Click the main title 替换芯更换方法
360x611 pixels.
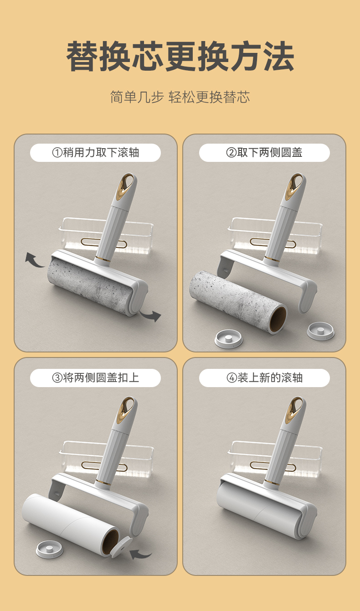(180, 56)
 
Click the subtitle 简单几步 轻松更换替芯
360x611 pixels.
(180, 97)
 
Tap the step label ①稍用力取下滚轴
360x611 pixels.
(96, 152)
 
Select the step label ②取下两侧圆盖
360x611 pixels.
(264, 152)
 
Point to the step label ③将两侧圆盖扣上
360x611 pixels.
(96, 378)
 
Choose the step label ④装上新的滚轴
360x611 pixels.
(264, 378)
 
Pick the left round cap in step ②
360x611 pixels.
(228, 339)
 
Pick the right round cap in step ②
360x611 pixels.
(320, 331)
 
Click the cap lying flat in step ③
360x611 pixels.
(49, 549)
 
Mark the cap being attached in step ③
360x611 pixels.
(121, 547)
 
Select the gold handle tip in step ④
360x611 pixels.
(294, 411)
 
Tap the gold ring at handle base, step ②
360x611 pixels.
(272, 259)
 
